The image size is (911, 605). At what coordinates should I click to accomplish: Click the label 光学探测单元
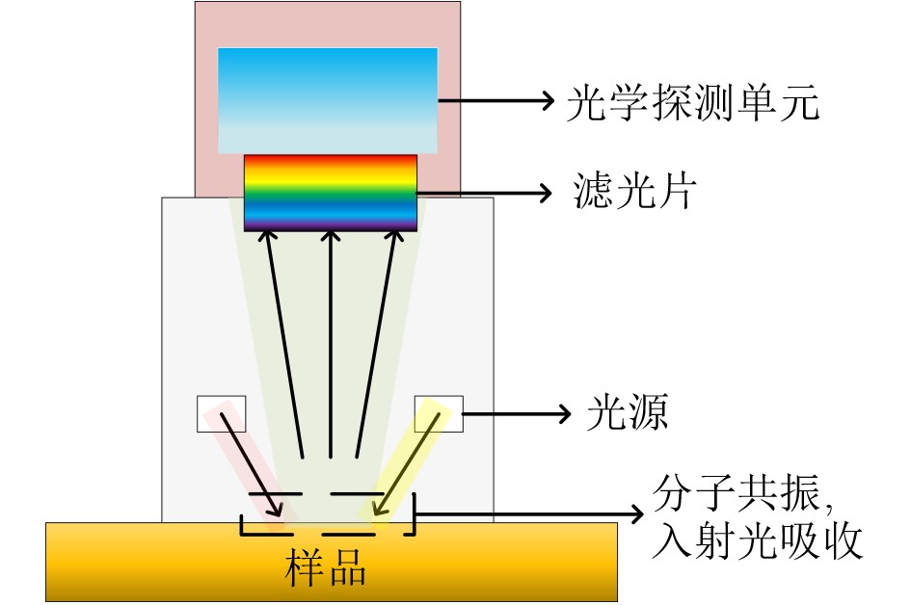tap(693, 103)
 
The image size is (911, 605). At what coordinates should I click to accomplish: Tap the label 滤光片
tap(634, 191)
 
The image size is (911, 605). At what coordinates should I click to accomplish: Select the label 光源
tap(628, 412)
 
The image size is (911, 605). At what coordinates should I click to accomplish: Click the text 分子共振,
tap(743, 494)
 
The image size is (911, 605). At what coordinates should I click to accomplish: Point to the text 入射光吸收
tap(757, 541)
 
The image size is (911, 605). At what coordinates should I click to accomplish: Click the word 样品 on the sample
tap(326, 567)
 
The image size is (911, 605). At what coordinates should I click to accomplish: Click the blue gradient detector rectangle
tap(328, 100)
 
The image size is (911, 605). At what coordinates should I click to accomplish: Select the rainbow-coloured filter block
tap(331, 193)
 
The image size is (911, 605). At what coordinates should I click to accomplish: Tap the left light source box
tap(222, 414)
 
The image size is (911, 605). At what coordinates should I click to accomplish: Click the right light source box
tap(439, 414)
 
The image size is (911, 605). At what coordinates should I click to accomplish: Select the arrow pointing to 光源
tap(517, 414)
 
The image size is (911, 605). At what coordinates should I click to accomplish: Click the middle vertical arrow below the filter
tap(331, 344)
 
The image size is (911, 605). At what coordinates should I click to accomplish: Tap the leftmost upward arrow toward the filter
tap(284, 344)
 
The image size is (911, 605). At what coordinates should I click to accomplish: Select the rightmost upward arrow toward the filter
tap(377, 344)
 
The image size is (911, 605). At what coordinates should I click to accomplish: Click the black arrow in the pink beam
tap(251, 464)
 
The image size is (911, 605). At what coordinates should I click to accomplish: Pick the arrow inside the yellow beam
tap(412, 464)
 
